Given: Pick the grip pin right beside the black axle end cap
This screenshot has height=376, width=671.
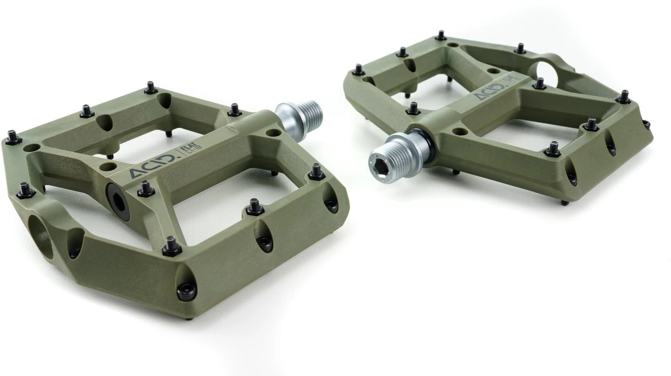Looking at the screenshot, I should tap(146, 189).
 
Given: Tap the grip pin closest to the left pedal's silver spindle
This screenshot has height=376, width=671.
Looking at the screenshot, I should tap(235, 110).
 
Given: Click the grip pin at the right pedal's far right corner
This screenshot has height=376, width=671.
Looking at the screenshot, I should tap(623, 97).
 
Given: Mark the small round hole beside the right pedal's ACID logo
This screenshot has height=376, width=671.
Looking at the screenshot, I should tap(493, 70).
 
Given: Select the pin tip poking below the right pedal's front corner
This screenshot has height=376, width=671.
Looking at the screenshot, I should tap(564, 202).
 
